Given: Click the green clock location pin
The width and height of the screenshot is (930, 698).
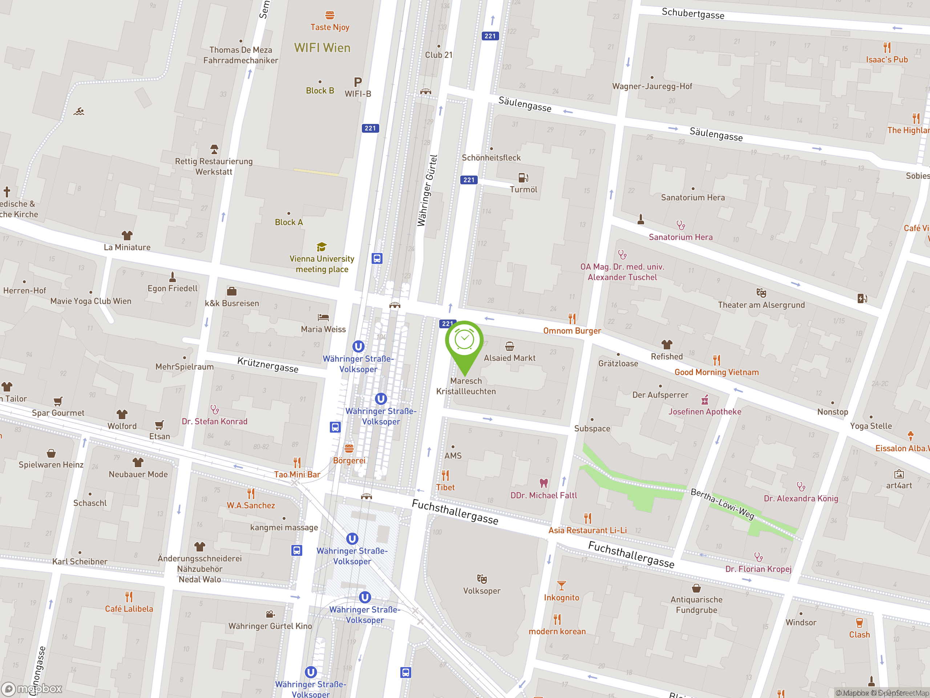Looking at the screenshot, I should (x=464, y=341).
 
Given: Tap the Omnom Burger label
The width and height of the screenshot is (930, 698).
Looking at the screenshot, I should (x=572, y=331).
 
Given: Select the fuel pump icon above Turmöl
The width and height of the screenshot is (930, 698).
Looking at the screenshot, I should (x=523, y=177).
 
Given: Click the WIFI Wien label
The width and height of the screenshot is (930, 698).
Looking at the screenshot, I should (x=322, y=48).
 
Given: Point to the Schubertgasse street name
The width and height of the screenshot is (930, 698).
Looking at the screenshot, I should (x=693, y=13).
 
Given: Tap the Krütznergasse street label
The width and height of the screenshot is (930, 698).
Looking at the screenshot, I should (x=268, y=365).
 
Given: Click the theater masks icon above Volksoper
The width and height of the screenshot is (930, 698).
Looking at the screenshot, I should (x=482, y=579).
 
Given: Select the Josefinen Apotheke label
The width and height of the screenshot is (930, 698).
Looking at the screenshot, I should (x=705, y=412).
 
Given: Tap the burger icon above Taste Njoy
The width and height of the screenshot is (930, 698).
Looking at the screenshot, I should (x=329, y=16).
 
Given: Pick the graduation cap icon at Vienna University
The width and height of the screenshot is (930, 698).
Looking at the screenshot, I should (x=322, y=246).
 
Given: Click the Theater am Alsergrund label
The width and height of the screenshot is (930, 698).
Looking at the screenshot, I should (x=761, y=305).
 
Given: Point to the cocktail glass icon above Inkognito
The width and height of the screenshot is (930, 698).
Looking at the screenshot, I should (x=561, y=585).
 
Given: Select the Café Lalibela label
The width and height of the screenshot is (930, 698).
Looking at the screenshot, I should (x=129, y=609).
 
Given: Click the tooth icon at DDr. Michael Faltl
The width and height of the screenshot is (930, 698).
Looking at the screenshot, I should (x=543, y=483).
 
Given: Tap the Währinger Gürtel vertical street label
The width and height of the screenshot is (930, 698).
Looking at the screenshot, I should (x=428, y=190).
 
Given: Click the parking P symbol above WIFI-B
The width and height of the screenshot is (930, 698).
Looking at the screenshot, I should (x=358, y=82).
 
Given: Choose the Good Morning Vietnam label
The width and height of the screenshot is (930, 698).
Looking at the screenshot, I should (x=716, y=372).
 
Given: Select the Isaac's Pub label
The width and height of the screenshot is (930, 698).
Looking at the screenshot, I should (x=887, y=60).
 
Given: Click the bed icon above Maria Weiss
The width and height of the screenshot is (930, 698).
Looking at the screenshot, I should (x=323, y=317).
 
